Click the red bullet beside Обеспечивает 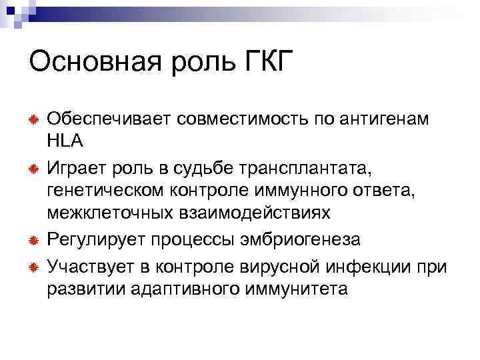[32, 119]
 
